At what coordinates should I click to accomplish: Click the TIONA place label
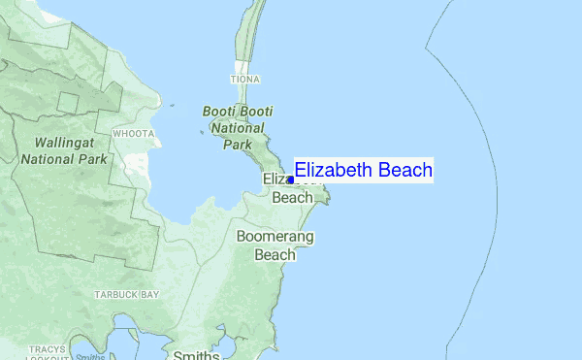pyautogui.click(x=244, y=79)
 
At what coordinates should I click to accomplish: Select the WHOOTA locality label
pyautogui.click(x=133, y=133)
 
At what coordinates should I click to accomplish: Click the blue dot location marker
pyautogui.click(x=290, y=180)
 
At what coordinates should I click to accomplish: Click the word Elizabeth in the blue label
pyautogui.click(x=334, y=171)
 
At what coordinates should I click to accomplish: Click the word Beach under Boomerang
pyautogui.click(x=275, y=255)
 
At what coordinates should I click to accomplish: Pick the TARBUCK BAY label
pyautogui.click(x=126, y=294)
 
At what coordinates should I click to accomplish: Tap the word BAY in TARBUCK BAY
pyautogui.click(x=148, y=294)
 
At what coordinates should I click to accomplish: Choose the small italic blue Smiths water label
pyautogui.click(x=90, y=356)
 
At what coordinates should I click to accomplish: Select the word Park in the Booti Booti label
pyautogui.click(x=236, y=144)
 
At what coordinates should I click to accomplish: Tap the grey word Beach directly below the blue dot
pyautogui.click(x=292, y=198)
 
